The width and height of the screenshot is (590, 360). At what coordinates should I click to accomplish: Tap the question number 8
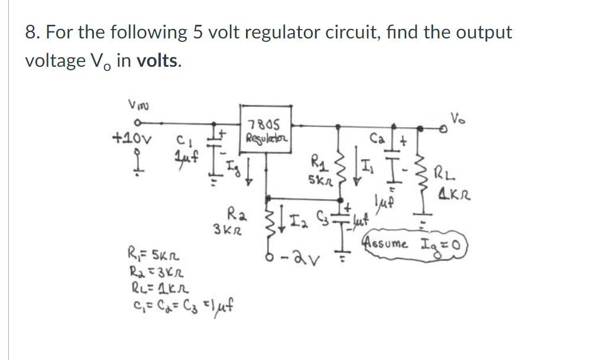31,33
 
